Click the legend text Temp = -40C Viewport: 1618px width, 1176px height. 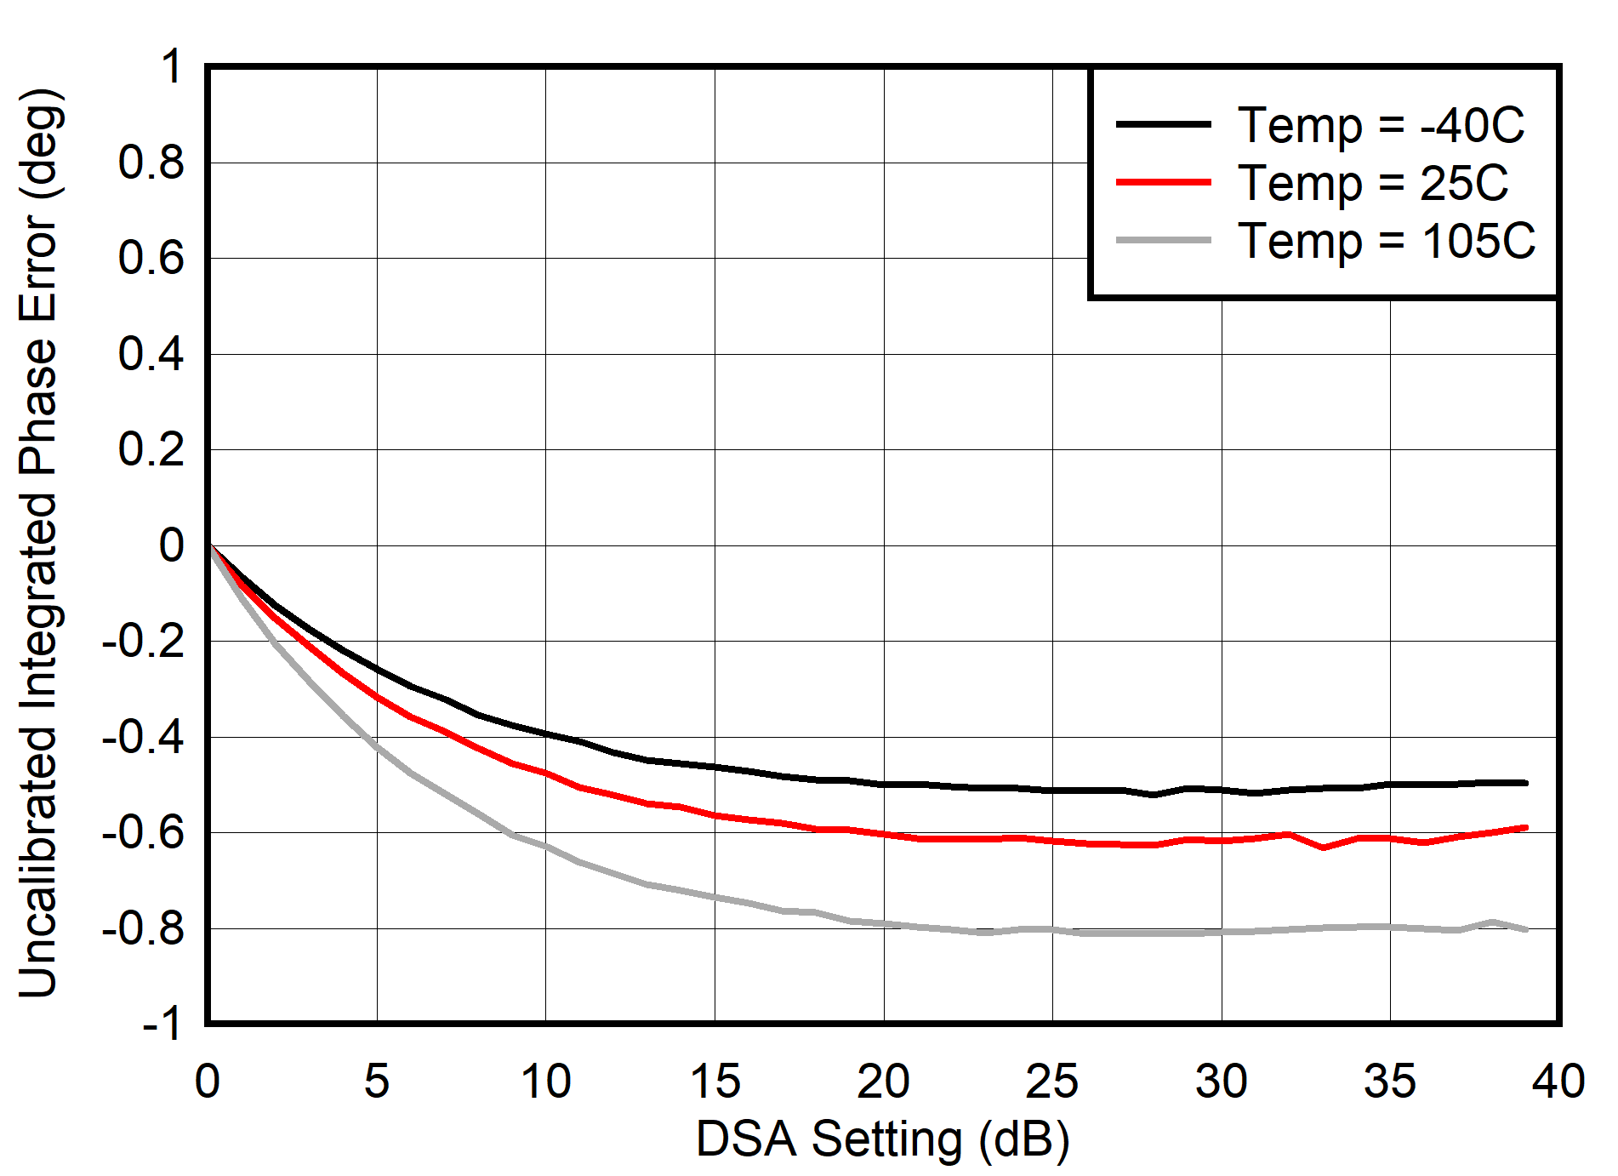pos(1380,126)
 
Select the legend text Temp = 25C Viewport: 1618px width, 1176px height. pos(1372,183)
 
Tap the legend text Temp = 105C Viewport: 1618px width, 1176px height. pos(1386,241)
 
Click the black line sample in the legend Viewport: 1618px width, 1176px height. pos(1163,124)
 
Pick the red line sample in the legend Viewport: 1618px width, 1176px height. pos(1163,182)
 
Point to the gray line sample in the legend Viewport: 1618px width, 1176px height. pos(1163,241)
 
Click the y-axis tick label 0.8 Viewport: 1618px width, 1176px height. pos(151,163)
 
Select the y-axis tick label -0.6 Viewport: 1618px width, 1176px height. pos(143,833)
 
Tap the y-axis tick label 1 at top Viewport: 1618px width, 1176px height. pos(171,66)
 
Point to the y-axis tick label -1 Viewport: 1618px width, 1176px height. pos(162,1024)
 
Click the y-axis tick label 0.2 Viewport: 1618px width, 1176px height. pos(151,449)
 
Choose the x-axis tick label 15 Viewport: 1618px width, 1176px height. pos(715,1082)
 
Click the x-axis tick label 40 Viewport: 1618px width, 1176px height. pos(1558,1082)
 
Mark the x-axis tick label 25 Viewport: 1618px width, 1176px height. pos(1052,1082)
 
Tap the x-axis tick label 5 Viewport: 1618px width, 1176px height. pos(377,1082)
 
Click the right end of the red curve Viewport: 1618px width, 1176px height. pos(1526,827)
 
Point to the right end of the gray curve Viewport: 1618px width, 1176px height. pos(1526,929)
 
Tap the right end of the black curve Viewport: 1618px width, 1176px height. pos(1526,783)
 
